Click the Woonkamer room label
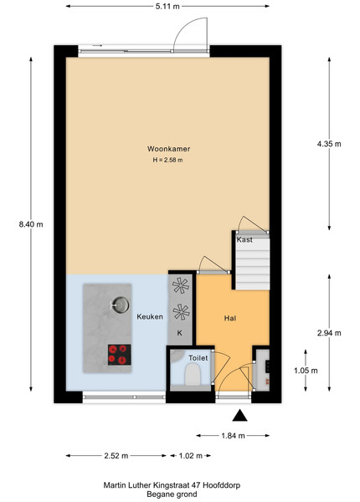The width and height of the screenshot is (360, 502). pos(168,149)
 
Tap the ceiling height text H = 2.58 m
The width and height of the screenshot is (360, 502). pos(167,160)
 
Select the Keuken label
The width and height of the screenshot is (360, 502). pos(150,316)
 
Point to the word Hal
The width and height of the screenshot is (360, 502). pos(230,318)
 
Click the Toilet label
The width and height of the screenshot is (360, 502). pos(198,358)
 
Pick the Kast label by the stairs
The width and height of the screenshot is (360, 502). pos(244,239)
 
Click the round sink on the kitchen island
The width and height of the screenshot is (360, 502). pos(121,305)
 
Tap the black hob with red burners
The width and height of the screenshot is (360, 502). pos(120,355)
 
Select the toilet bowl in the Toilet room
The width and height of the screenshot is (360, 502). pos(193,375)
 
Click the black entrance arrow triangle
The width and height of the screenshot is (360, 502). pos(240,416)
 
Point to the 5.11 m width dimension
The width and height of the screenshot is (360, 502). pos(167,6)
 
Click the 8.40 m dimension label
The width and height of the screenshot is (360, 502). pos(31,224)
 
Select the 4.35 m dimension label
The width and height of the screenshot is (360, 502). pos(329,144)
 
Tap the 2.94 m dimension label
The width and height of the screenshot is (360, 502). pos(329,333)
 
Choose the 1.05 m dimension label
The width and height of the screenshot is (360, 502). pos(306,371)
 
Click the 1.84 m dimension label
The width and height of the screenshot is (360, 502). pos(233,435)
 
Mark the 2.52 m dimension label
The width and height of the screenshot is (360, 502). pos(116,456)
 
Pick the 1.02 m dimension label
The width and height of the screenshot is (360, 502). pos(191,456)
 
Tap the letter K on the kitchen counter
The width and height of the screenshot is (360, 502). pos(180,333)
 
